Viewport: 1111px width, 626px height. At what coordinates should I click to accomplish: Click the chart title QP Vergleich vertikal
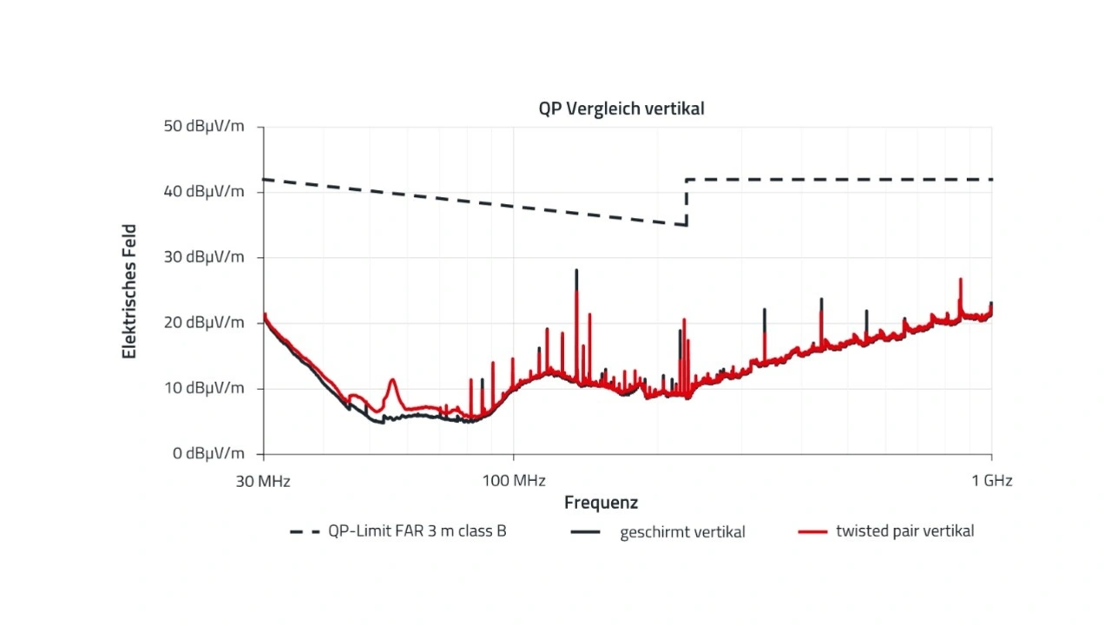pos(621,109)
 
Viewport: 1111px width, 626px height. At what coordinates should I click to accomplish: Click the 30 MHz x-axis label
pos(263,480)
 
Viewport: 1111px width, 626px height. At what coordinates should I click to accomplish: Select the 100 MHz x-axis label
pos(514,480)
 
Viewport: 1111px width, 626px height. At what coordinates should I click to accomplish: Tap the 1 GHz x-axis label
pos(991,480)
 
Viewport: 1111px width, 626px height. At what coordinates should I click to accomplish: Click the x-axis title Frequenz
pos(601,503)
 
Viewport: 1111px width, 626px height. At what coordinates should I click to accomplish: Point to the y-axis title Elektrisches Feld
pos(129,291)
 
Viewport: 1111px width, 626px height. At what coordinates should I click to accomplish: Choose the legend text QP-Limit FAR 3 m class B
pos(417,531)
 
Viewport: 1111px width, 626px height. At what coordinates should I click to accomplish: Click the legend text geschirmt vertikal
pos(682,532)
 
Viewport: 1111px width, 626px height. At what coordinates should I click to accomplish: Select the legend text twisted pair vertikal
pos(904,531)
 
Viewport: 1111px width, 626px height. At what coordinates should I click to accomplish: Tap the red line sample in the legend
pos(811,531)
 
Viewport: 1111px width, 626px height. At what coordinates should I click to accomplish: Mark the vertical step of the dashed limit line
pos(687,202)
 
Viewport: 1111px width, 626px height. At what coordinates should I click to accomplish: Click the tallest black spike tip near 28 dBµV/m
pos(576,271)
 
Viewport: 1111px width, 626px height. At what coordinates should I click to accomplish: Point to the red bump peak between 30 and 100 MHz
pos(392,379)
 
